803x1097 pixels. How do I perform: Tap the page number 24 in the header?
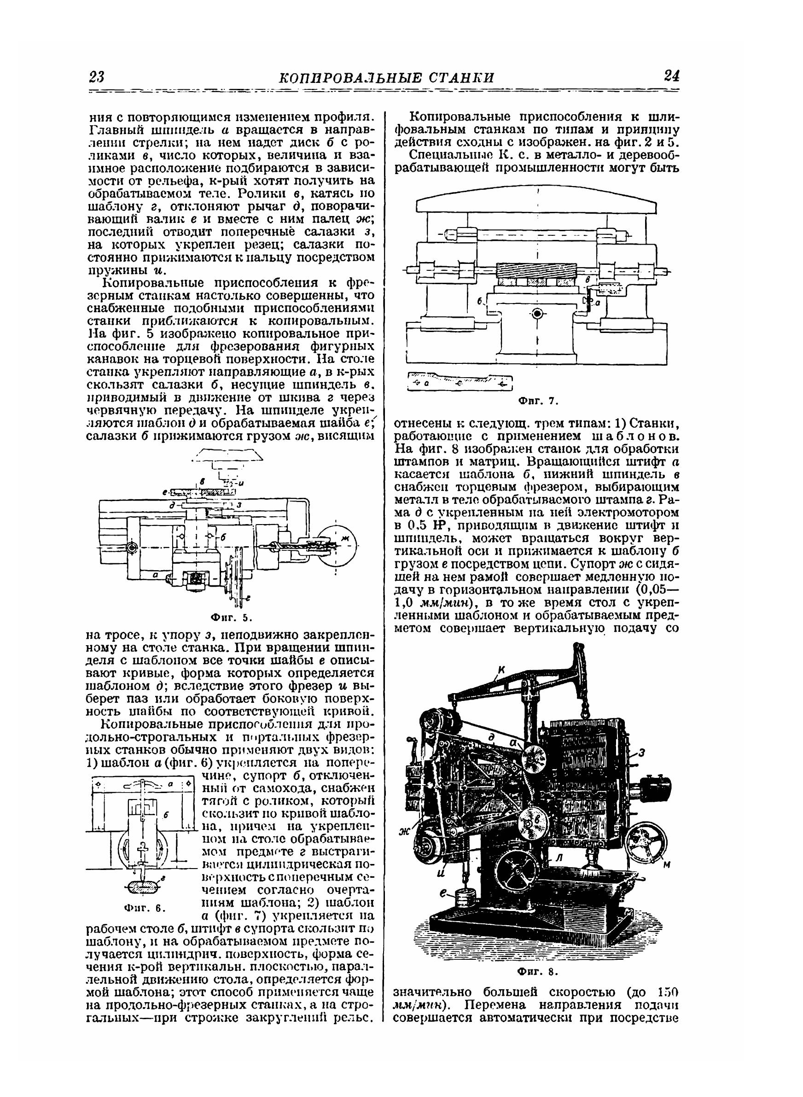tap(671, 76)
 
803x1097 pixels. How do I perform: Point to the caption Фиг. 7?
tap(536, 401)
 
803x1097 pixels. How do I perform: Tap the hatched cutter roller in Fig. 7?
tap(536, 269)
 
